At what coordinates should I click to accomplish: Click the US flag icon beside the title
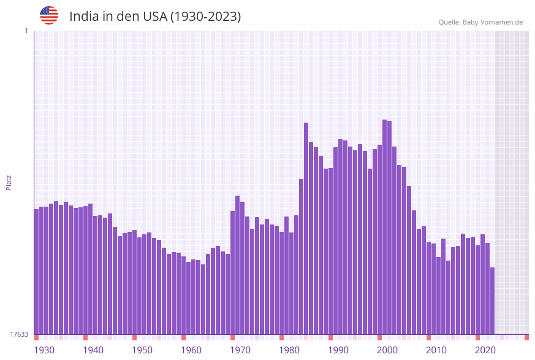pos(49,15)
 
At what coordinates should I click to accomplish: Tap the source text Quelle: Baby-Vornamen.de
pos(480,22)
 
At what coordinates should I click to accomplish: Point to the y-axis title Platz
pos(9,182)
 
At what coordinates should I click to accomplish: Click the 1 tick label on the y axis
pos(26,31)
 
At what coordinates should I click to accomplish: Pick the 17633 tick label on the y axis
pos(19,334)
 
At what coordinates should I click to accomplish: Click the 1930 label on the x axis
pos(44,350)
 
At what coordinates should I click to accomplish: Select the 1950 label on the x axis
pos(142,350)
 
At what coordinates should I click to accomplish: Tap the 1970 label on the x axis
pos(240,350)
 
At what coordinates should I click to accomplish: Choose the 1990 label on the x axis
pos(338,350)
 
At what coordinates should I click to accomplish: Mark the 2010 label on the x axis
pos(436,350)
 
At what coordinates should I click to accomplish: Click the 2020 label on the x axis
pos(485,350)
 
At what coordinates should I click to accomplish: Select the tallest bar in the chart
pos(384,227)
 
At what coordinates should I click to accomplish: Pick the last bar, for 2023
pos(492,301)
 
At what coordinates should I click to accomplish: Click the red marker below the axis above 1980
pos(281,337)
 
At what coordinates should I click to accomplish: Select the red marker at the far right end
pos(526,337)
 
